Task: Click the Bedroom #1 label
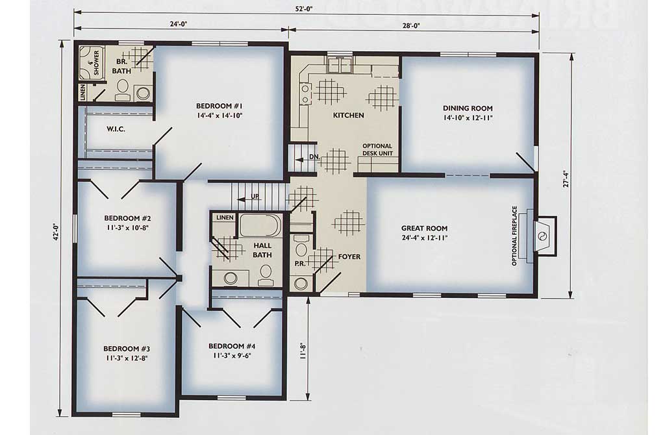pyautogui.click(x=220, y=106)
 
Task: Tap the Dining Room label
pyautogui.click(x=468, y=108)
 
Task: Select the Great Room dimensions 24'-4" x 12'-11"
pyautogui.click(x=424, y=238)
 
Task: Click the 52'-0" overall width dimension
pyautogui.click(x=304, y=9)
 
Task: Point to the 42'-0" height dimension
pyautogui.click(x=55, y=232)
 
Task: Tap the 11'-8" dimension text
pyautogui.click(x=303, y=351)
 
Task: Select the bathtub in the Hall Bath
pyautogui.click(x=260, y=225)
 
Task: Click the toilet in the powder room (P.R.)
pyautogui.click(x=301, y=249)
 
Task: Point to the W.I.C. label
pyautogui.click(x=116, y=129)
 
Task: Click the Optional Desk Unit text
pyautogui.click(x=377, y=149)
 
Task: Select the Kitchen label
pyautogui.click(x=348, y=115)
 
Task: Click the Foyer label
pyautogui.click(x=349, y=256)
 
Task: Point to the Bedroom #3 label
pyautogui.click(x=127, y=349)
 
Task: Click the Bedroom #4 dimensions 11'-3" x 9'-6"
pyautogui.click(x=232, y=355)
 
